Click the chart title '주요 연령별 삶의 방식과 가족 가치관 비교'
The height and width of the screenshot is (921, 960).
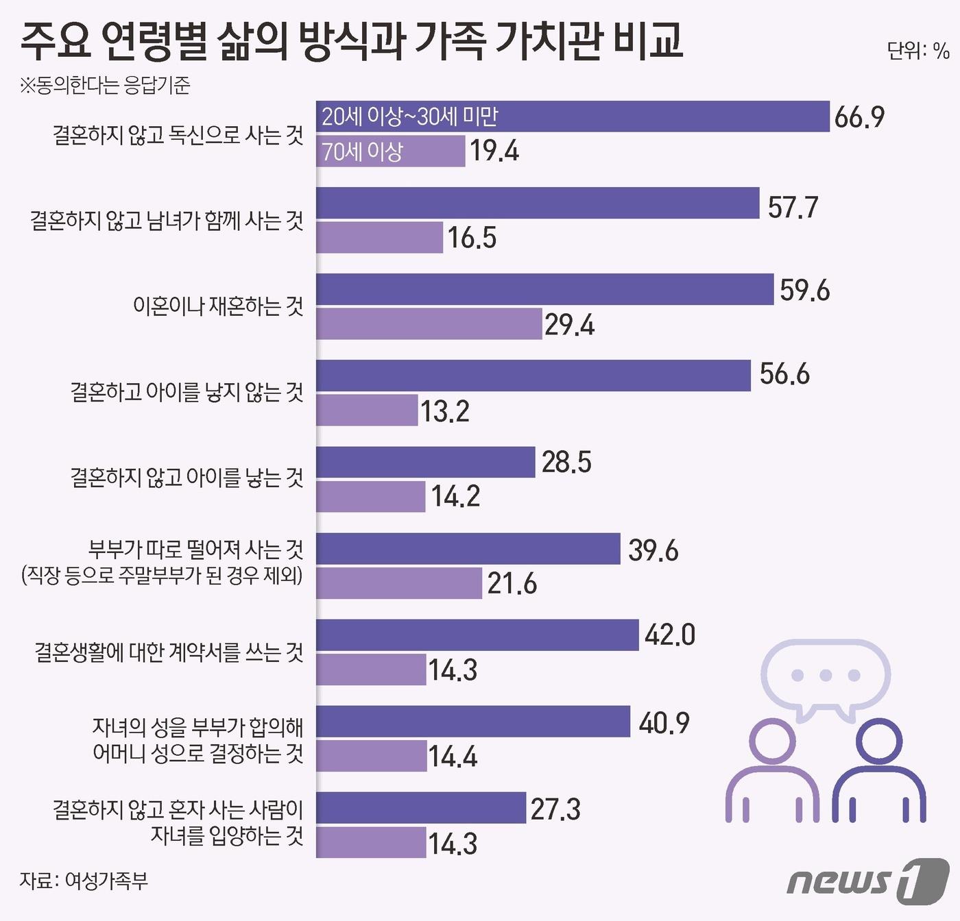tap(351, 40)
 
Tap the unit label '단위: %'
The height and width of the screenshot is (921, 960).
tap(917, 51)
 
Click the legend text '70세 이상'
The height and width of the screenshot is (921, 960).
tap(363, 151)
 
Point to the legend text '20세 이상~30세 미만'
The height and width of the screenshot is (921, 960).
tap(410, 116)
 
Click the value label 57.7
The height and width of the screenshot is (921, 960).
tap(793, 207)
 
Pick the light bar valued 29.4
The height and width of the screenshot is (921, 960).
tap(429, 324)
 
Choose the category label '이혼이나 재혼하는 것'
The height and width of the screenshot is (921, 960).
tap(218, 306)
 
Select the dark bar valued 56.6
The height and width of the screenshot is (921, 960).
tap(533, 376)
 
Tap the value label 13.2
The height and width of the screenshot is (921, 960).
tap(444, 411)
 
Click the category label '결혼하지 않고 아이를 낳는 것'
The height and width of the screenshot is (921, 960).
tap(187, 477)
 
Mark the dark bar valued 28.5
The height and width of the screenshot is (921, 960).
tap(425, 463)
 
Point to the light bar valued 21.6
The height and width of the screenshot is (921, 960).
tap(398, 584)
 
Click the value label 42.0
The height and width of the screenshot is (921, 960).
tap(669, 635)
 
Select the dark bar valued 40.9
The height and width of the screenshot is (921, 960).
tap(472, 722)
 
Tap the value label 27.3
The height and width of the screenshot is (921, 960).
tap(555, 809)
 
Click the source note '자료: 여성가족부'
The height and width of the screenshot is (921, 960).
tap(84, 881)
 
